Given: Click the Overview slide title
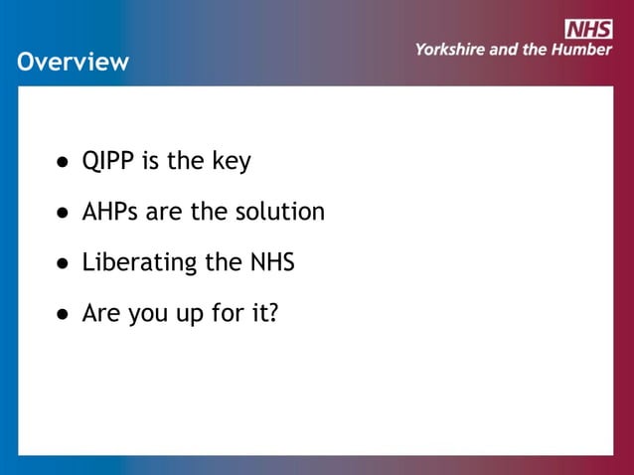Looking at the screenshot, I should [73, 62].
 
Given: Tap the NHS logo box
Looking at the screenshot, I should [588, 29].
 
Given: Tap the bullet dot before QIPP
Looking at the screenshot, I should [62, 162].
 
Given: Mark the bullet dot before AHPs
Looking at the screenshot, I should [62, 213].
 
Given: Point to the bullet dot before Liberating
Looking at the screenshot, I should [62, 264].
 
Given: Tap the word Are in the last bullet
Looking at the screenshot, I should [101, 314].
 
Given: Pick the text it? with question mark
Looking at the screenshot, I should [262, 314].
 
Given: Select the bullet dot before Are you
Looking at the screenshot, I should [62, 315].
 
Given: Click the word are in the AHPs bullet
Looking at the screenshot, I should [166, 213].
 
